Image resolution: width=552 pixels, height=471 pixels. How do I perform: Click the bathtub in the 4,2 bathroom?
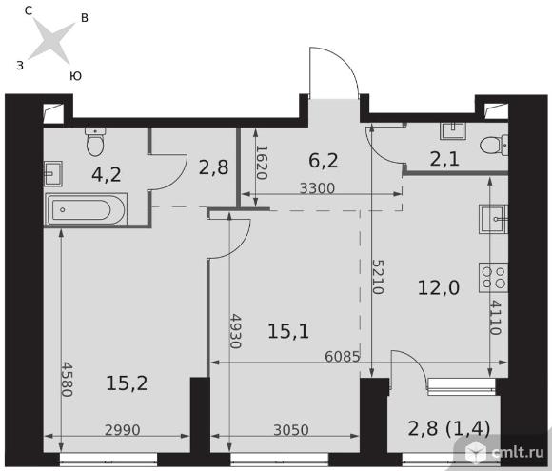click(x=86, y=209)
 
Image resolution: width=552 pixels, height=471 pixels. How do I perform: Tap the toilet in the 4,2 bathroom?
click(x=95, y=142)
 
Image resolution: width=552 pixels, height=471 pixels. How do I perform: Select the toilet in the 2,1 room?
click(x=494, y=145)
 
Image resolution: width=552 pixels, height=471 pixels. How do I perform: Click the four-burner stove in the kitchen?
click(x=493, y=278)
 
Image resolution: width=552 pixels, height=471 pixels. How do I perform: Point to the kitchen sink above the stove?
click(x=493, y=219)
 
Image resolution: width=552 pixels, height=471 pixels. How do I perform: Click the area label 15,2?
click(x=127, y=383)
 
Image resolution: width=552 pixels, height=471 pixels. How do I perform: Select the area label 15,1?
click(x=288, y=331)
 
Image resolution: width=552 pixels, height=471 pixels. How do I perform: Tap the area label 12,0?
click(x=439, y=287)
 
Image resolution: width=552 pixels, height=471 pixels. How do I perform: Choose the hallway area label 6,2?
click(x=324, y=161)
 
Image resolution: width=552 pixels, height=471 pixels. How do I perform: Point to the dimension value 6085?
click(x=343, y=357)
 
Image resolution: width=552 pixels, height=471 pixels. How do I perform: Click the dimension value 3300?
click(x=317, y=188)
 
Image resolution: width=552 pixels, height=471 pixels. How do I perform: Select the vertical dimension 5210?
click(x=378, y=277)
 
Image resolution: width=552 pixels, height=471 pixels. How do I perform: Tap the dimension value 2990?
click(x=123, y=430)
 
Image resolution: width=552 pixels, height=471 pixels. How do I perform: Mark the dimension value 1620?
click(x=261, y=163)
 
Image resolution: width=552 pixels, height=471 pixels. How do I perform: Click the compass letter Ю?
click(x=76, y=76)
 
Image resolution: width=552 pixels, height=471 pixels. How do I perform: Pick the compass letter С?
click(x=29, y=10)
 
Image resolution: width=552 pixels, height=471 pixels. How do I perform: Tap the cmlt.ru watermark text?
click(x=518, y=452)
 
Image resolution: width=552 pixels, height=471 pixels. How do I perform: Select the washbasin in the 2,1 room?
click(x=453, y=130)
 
